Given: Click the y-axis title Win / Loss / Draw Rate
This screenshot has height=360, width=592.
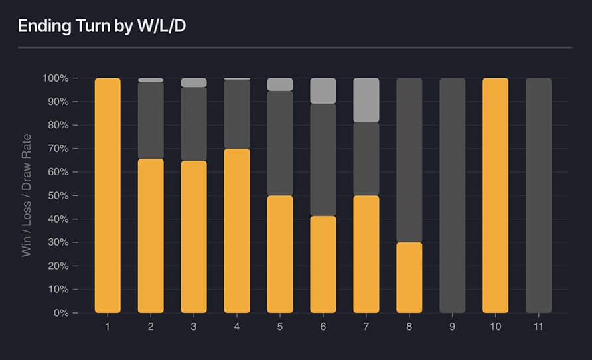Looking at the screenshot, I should [x=27, y=195].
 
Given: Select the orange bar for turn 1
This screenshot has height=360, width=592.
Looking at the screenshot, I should [x=108, y=195].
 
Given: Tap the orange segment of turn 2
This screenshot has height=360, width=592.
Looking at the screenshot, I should [x=151, y=236].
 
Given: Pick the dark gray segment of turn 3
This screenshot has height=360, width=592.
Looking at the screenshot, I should [x=194, y=124].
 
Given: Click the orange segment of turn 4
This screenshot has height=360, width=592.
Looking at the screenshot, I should [x=237, y=230].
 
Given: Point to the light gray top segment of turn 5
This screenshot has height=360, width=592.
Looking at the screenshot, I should [x=280, y=84].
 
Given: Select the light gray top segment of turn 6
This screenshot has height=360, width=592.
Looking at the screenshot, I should [x=323, y=90].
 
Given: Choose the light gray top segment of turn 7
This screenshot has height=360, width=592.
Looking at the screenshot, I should [x=366, y=100].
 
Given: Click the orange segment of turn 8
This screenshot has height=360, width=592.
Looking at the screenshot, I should [x=409, y=277].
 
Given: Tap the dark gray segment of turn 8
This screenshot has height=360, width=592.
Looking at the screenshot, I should [x=409, y=160].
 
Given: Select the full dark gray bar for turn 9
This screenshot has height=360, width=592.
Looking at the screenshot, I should [x=453, y=195].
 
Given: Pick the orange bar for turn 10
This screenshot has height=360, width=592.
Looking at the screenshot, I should [x=495, y=195].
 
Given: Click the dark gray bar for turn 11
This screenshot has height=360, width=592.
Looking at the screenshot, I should [x=538, y=195].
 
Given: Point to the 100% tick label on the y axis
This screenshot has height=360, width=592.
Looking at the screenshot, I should [x=56, y=78].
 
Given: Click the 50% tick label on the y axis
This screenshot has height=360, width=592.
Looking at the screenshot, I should [x=58, y=195].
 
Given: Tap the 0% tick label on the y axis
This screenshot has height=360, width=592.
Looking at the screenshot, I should [x=60, y=313].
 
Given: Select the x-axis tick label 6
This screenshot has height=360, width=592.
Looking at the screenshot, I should [x=323, y=327].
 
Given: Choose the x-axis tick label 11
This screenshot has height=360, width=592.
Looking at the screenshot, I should [x=538, y=327].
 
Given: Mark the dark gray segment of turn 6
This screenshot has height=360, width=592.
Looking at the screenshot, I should [x=323, y=159].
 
